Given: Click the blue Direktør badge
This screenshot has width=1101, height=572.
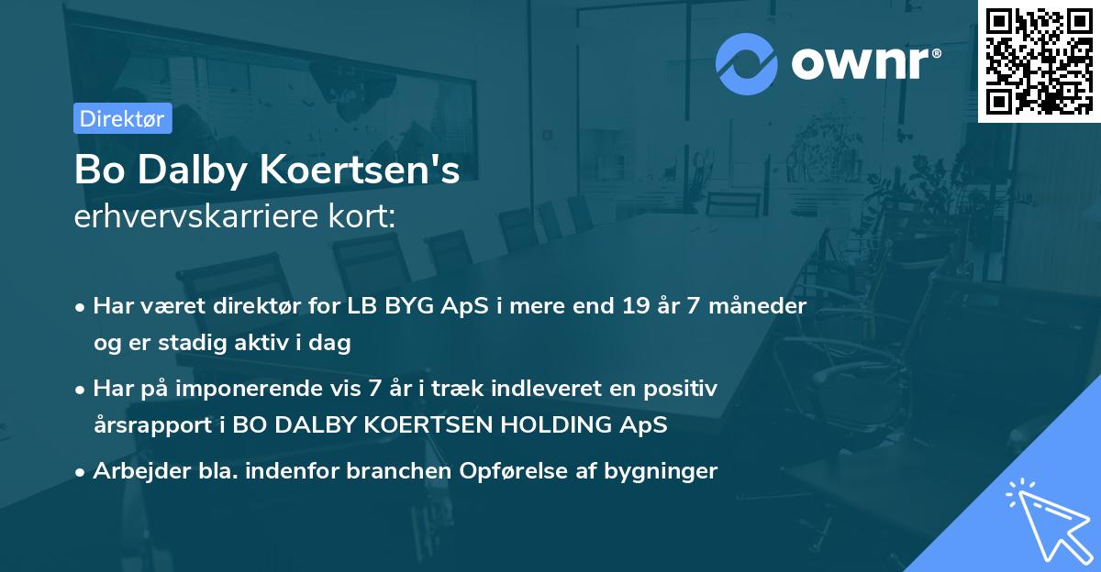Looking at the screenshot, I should (122, 118).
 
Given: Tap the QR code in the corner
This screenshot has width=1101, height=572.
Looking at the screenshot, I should (1039, 60).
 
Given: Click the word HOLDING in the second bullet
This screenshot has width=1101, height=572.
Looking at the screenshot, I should (535, 425).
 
